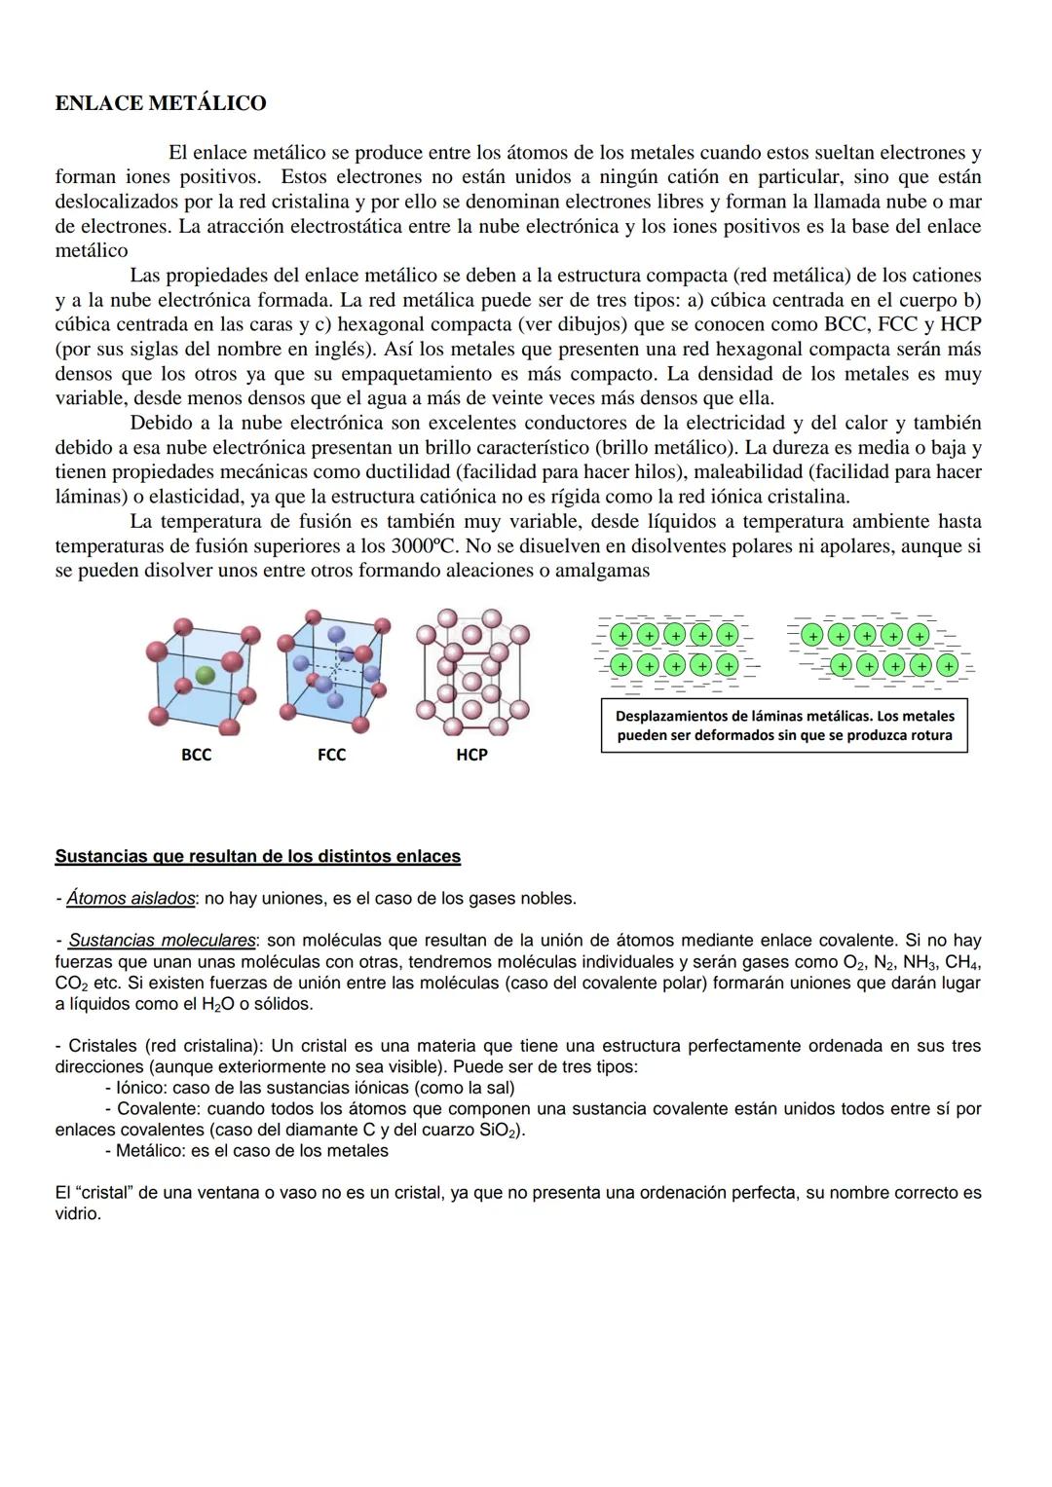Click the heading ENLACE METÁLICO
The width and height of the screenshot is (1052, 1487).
[161, 103]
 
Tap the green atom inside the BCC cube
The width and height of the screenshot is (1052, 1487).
[204, 674]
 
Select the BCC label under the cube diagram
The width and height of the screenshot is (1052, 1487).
[196, 755]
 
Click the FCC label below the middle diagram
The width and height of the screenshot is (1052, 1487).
[331, 755]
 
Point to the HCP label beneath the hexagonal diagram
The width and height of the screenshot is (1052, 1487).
[471, 755]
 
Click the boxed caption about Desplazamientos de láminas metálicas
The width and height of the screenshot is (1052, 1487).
[784, 725]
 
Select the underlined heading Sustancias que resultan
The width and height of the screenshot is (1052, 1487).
[257, 857]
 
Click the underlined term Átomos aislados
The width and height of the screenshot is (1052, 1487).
[131, 899]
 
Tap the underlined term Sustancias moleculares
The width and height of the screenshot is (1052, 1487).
[163, 941]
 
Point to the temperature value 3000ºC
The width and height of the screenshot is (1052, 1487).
[424, 545]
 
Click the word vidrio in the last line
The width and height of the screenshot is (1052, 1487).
[78, 1214]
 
